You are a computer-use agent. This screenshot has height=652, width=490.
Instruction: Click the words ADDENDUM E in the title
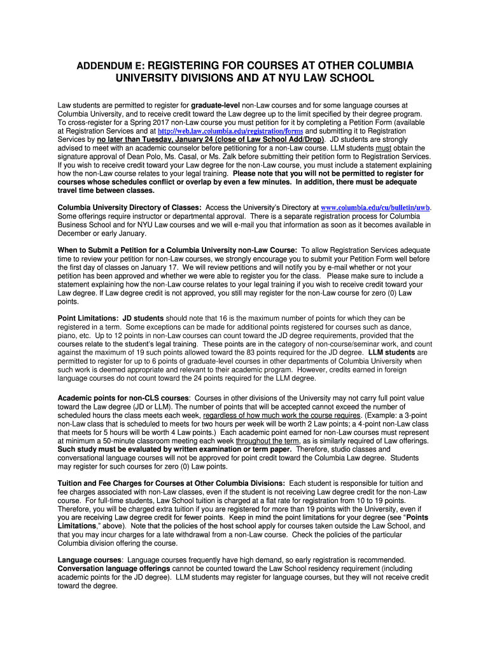pos(106,66)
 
